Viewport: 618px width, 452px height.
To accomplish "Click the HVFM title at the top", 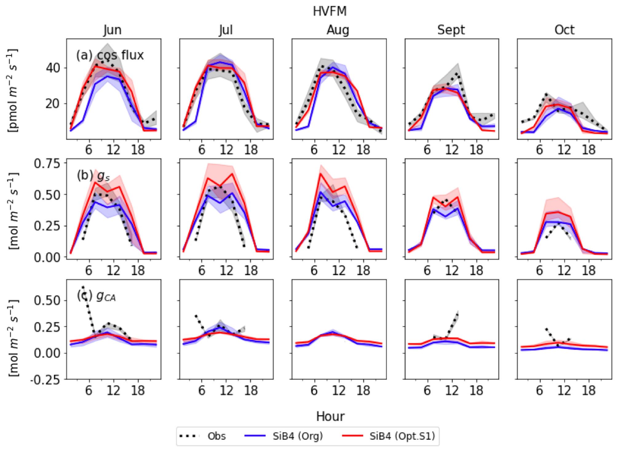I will click(x=330, y=11).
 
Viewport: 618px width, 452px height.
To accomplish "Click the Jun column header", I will click(x=113, y=30).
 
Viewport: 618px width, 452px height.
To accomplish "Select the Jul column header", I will click(x=226, y=30).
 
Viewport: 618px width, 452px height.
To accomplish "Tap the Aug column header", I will click(x=338, y=30).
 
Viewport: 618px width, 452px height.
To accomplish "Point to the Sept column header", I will click(x=451, y=30).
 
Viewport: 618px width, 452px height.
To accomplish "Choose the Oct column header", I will click(x=564, y=30).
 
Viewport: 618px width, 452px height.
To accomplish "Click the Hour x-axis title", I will click(x=330, y=416).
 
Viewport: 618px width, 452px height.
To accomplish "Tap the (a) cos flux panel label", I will click(x=110, y=55).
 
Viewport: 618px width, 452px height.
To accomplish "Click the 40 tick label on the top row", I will click(x=53, y=68).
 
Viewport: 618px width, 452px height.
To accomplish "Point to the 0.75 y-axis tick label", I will click(x=47, y=163).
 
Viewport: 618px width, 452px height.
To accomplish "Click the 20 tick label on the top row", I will click(x=53, y=104).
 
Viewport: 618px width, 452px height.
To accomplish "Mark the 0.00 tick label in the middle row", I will click(x=47, y=257).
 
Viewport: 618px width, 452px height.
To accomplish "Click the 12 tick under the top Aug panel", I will click(x=339, y=150).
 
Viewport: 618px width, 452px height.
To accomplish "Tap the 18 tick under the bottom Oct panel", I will click(x=588, y=391).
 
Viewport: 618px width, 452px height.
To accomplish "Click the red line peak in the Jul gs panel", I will click(x=232, y=174).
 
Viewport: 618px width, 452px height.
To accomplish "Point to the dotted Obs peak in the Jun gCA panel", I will click(x=83, y=287).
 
